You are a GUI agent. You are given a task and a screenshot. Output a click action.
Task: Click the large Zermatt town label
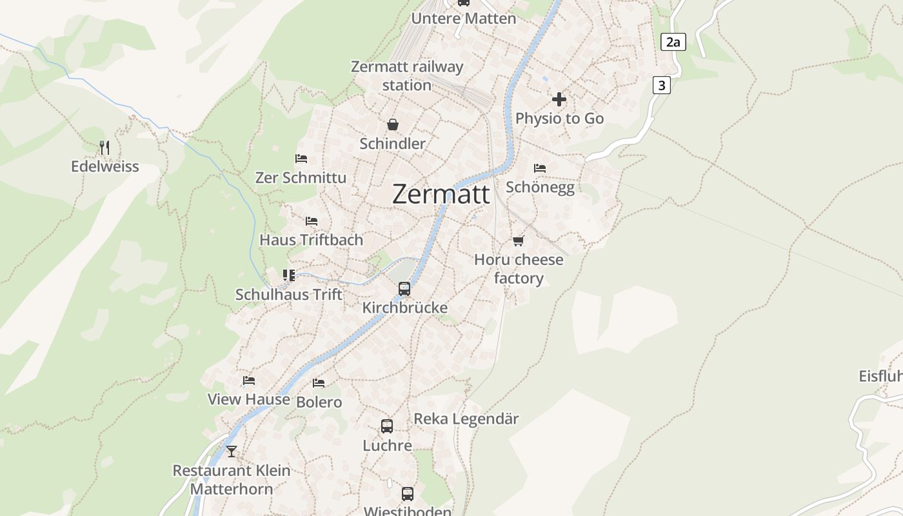[441, 194]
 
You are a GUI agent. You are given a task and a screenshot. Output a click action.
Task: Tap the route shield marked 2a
[673, 43]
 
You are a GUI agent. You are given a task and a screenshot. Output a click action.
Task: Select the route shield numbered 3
[661, 84]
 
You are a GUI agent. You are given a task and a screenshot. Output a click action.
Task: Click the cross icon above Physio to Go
[559, 99]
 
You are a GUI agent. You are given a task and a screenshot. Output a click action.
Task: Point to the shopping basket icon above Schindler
[392, 124]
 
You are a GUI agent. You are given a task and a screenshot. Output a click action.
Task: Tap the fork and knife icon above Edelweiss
[104, 148]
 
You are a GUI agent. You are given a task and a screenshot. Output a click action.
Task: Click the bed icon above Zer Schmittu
[301, 159]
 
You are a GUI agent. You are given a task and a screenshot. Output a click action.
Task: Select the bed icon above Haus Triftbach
[312, 221]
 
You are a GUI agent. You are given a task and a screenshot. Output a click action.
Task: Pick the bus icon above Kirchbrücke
[404, 289]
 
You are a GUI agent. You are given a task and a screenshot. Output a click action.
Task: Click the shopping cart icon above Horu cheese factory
[519, 241]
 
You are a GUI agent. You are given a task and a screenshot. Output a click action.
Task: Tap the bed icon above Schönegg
[540, 168]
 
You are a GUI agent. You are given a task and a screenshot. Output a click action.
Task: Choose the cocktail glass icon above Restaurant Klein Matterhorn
[232, 451]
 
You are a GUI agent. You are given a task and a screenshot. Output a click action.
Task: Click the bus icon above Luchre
[387, 426]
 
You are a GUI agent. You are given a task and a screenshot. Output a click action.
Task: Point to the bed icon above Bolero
[319, 383]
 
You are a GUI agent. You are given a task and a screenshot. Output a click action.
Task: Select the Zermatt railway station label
[407, 75]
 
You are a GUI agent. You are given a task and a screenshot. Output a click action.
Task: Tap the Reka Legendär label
[466, 419]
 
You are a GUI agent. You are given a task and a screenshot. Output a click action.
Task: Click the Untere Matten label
[464, 18]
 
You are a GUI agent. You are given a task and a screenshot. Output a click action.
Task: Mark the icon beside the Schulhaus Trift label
[289, 276]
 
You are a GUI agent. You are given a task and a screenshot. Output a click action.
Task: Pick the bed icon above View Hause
[249, 381]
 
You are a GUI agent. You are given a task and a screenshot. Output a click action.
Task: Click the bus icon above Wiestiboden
[408, 494]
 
